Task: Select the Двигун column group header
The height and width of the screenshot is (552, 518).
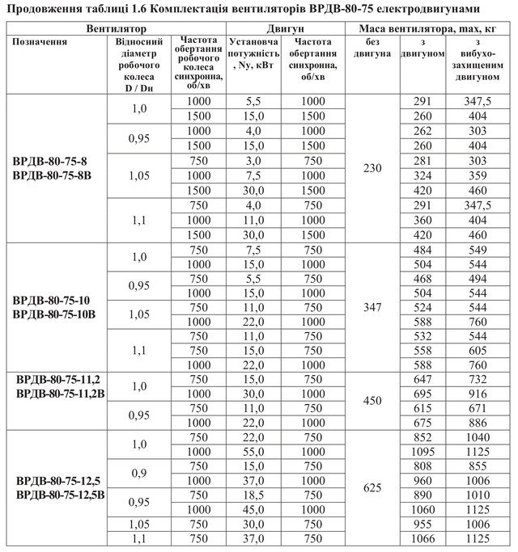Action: click(x=283, y=28)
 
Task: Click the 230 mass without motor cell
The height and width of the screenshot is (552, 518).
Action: click(x=372, y=168)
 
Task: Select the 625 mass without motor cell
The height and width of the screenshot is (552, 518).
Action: click(x=372, y=488)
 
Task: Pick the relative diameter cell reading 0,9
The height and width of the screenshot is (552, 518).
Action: click(x=139, y=472)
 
